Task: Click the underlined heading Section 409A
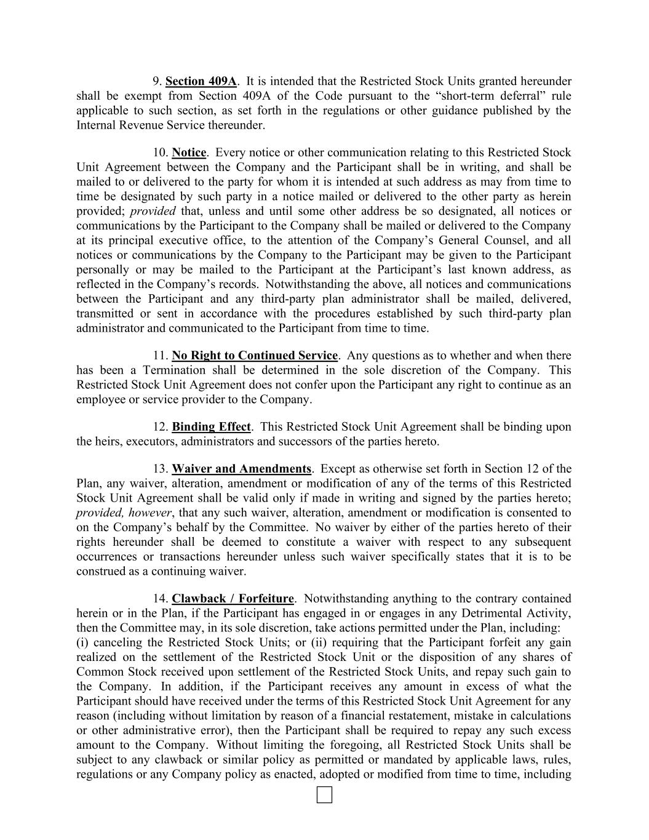point(201,81)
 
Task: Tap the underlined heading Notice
point(189,153)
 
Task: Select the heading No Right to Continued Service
point(255,356)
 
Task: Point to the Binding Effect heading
point(211,427)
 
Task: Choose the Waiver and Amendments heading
point(241,469)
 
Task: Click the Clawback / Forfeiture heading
point(233,599)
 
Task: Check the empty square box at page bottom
point(324,795)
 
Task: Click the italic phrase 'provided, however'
point(124,513)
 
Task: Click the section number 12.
point(160,427)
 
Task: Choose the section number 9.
point(156,81)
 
